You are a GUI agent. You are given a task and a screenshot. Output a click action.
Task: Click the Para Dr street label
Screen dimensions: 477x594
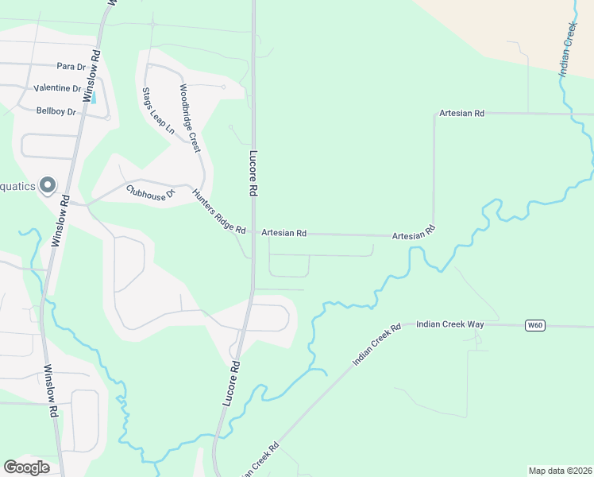(70, 66)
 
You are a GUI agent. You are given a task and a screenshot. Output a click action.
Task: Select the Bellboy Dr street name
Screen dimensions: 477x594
(56, 111)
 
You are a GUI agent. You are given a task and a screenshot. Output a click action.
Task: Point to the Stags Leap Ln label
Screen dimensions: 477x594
(158, 112)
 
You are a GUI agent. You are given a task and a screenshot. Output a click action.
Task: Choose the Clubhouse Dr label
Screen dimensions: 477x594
(149, 193)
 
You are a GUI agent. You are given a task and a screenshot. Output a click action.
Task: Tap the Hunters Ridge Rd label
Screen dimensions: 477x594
(219, 211)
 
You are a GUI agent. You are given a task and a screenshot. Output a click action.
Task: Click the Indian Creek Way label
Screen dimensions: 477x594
(449, 324)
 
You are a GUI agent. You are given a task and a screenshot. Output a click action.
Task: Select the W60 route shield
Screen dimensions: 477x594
(535, 325)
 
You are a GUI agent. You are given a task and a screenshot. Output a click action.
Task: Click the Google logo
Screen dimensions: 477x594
(26, 467)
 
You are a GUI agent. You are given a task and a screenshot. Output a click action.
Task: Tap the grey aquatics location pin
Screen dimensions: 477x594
(47, 186)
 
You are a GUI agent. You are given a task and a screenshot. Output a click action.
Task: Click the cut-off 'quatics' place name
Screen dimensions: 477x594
(17, 187)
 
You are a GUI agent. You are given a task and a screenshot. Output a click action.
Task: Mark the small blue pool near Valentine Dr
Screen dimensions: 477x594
(94, 98)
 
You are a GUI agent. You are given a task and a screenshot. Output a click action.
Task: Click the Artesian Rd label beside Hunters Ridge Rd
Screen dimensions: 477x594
(283, 233)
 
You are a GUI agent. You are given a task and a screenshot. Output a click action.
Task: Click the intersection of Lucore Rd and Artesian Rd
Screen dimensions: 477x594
(253, 233)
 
